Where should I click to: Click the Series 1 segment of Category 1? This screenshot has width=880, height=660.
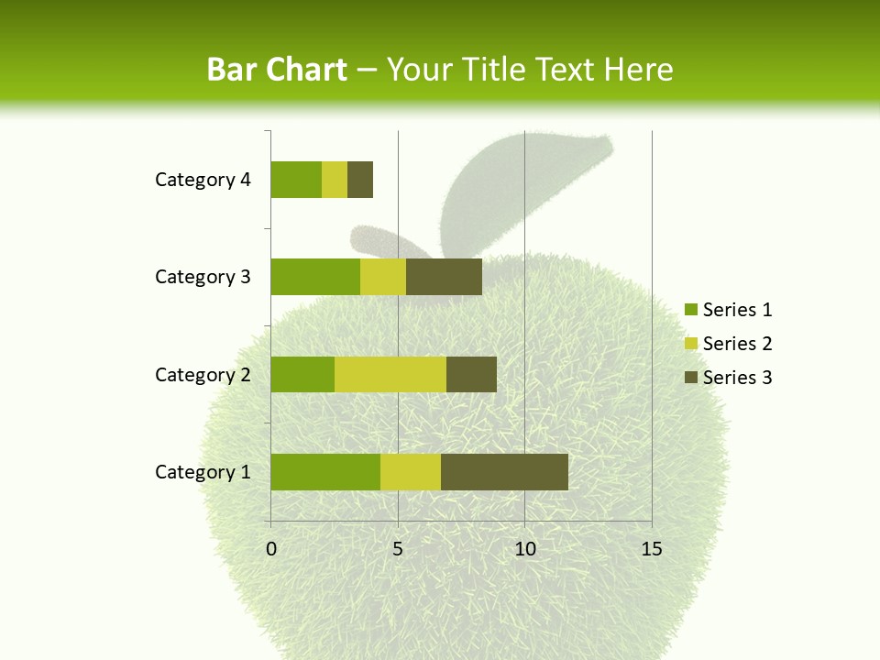tap(325, 472)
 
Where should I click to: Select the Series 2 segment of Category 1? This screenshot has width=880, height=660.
tap(411, 472)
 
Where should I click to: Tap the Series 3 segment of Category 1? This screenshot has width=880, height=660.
tap(504, 472)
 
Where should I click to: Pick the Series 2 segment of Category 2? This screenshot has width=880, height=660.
tap(390, 374)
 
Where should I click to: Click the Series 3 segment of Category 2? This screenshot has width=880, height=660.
tap(471, 374)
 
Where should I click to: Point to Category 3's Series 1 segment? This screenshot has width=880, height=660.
tap(315, 277)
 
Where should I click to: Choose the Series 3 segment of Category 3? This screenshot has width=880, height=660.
tap(444, 277)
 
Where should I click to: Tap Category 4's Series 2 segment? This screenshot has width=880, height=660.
tap(335, 180)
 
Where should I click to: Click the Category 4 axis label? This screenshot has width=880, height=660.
tap(203, 180)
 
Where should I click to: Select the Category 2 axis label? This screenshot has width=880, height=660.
tap(203, 374)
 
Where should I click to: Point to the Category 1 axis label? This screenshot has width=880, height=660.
tap(203, 472)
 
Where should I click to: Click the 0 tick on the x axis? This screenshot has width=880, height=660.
tap(271, 549)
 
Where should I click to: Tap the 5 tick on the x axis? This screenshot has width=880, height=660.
tap(398, 549)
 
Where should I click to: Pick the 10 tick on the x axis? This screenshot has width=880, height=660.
tap(524, 549)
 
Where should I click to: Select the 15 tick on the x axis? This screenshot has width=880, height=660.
tap(652, 549)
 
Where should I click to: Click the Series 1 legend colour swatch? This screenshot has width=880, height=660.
tap(690, 310)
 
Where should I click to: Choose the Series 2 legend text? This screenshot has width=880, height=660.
tap(738, 344)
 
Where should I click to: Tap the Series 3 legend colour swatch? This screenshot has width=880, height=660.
tap(690, 378)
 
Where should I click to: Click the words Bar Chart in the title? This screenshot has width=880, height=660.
tap(277, 70)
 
